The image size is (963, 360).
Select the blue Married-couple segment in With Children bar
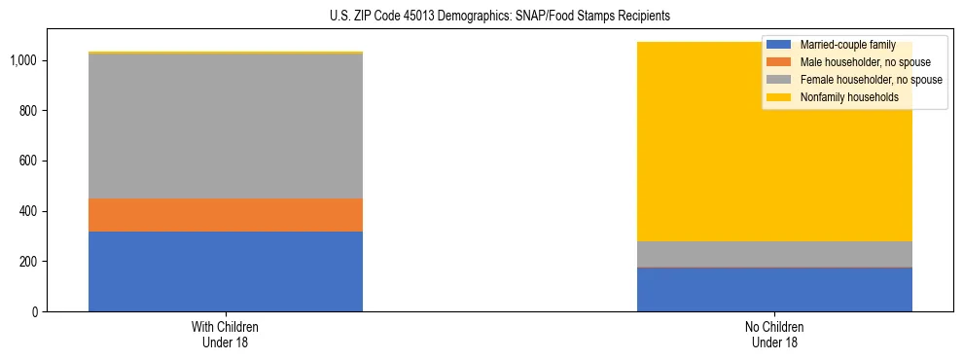click(226, 271)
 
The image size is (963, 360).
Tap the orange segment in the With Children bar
click(226, 215)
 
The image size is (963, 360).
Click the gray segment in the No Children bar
click(774, 254)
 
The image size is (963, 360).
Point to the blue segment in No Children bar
click(774, 289)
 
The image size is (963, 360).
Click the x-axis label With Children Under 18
click(226, 334)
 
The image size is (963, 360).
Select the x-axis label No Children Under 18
click(774, 334)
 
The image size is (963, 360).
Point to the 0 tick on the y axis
click(34, 312)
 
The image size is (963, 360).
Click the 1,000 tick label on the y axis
click(23, 60)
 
